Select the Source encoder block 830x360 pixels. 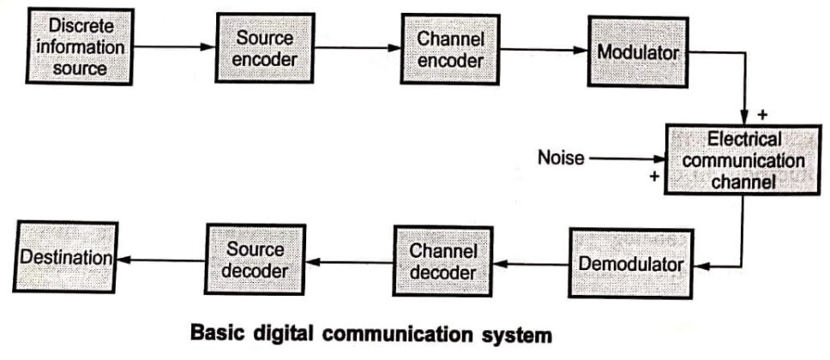coord(260,47)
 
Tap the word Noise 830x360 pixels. coord(561,158)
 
